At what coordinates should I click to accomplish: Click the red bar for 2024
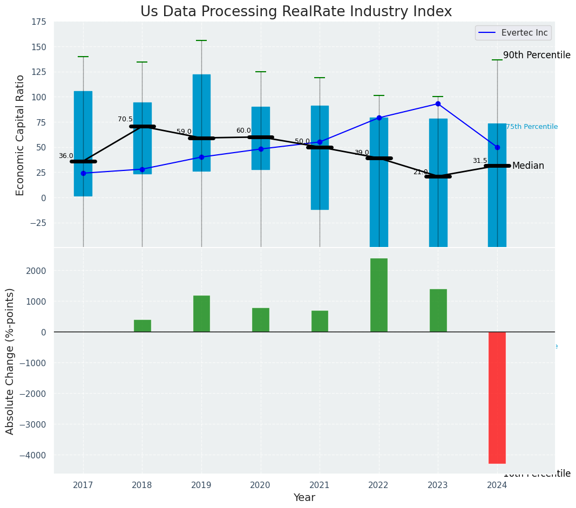coord(497,397)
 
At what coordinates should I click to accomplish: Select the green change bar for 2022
coord(378,295)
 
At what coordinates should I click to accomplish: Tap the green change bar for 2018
coord(142,326)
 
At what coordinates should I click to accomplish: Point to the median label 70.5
coord(125,119)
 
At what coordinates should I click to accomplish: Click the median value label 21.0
coord(420,172)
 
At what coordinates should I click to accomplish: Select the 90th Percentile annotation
coord(537,55)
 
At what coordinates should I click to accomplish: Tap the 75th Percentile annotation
coord(531,127)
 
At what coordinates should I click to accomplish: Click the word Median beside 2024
coord(528,166)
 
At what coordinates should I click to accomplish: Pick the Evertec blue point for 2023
coord(438,104)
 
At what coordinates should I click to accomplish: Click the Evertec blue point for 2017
coord(83,173)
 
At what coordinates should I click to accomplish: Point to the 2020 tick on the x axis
coord(260,485)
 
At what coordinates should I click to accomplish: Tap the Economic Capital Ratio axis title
coord(20,135)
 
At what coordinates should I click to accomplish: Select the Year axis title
coord(304,498)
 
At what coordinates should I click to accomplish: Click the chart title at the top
coord(296,11)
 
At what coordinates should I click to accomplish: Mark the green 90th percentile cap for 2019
coord(201,40)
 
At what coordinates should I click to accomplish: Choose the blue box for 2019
coord(201,123)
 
